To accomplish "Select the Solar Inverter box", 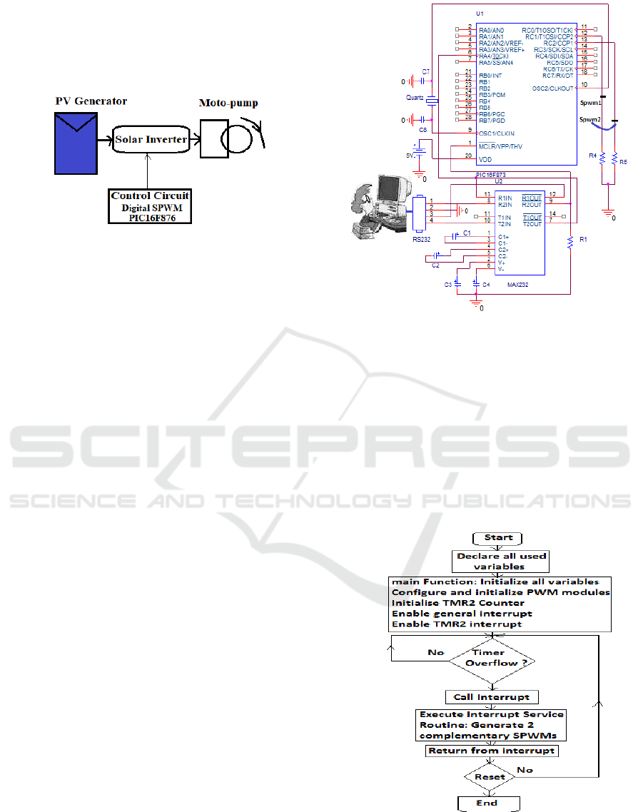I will [151, 139].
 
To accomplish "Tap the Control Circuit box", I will [151, 206].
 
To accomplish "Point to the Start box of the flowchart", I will [499, 537].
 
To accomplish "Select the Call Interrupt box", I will [492, 696].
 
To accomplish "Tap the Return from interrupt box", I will [492, 751].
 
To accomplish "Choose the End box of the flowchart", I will [488, 803].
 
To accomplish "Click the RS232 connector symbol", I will [418, 215].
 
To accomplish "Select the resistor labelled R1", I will [570, 243].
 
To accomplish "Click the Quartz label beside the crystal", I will [414, 96].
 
